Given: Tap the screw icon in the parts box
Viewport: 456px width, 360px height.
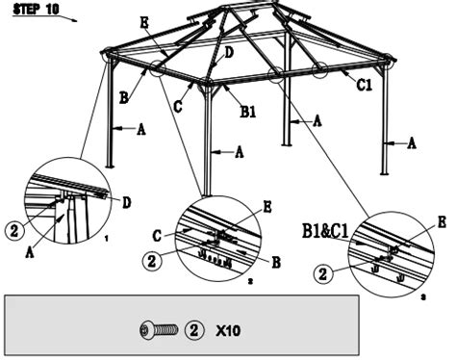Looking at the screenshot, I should point(159,330).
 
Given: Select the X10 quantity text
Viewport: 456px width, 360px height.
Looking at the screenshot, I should point(228,330).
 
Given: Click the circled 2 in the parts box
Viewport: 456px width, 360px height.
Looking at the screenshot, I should point(194,330).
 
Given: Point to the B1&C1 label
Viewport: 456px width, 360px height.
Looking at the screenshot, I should point(324,231).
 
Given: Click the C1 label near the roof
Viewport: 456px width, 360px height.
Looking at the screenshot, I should point(365,85).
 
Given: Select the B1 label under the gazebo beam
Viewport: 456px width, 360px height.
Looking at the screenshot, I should point(247,113).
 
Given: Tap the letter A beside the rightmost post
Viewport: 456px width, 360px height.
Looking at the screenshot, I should point(412,142).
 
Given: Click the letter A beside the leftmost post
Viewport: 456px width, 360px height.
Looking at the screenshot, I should point(141,128).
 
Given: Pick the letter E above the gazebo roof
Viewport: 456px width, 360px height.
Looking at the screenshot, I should point(144,22).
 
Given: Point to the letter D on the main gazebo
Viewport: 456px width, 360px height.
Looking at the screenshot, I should point(229,54).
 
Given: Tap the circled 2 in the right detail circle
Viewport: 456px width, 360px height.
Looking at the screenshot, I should point(322,274).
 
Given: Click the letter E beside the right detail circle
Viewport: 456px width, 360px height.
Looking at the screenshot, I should point(442,221).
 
